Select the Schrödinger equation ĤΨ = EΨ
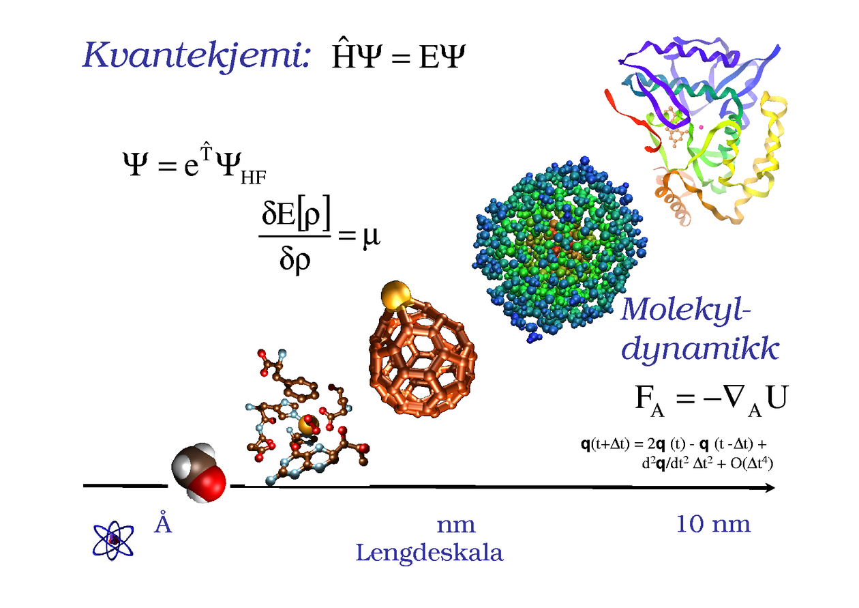[397, 57]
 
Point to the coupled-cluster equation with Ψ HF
[193, 167]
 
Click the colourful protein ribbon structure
[689, 130]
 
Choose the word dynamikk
[701, 351]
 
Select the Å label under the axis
[162, 523]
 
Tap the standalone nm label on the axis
[456, 525]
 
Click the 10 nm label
[713, 524]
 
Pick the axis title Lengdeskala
[429, 553]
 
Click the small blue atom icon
[113, 540]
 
